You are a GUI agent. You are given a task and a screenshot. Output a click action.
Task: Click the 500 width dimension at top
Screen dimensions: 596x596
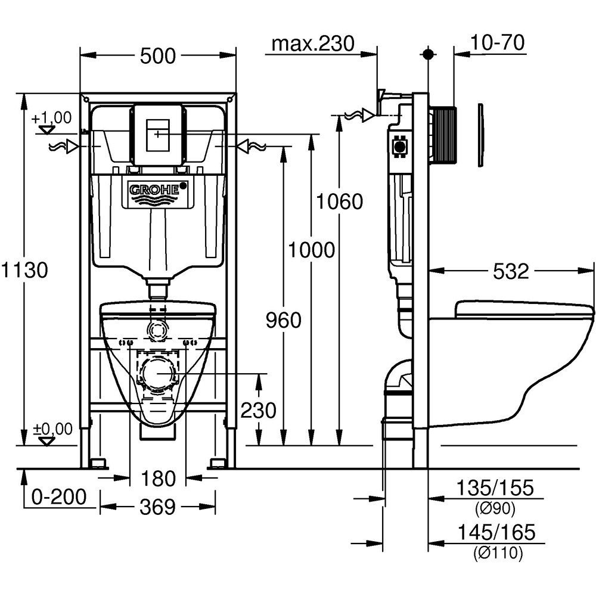(x=158, y=56)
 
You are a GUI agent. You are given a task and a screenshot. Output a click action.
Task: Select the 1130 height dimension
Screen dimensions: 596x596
(x=24, y=270)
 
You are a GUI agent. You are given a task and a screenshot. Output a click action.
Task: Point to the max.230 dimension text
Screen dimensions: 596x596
(x=312, y=43)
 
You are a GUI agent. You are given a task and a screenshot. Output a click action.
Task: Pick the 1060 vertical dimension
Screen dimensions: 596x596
(x=339, y=202)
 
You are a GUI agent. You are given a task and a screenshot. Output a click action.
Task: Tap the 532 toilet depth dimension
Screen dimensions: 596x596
(x=511, y=271)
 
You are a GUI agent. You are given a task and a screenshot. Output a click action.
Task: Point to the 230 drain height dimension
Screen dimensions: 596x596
(x=258, y=410)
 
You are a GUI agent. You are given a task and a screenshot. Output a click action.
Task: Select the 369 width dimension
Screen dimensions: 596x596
(x=159, y=507)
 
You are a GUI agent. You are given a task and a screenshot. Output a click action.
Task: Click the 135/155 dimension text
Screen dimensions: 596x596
(x=495, y=488)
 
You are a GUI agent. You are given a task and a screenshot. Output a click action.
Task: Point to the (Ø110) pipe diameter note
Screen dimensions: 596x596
(x=498, y=553)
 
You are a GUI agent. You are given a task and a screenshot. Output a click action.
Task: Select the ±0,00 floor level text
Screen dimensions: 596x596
(x=52, y=429)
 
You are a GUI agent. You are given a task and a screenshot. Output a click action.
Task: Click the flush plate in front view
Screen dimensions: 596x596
(x=157, y=135)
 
